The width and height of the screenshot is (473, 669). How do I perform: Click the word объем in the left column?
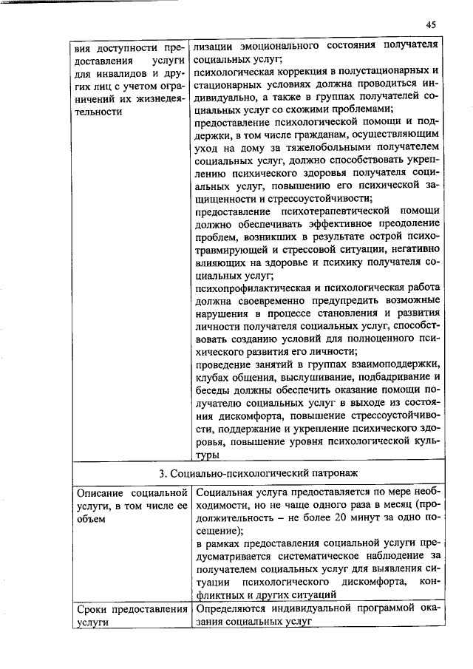[x=90, y=518]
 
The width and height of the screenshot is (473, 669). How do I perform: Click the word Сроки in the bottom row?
[x=93, y=609]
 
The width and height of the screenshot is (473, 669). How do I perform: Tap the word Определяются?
[x=234, y=609]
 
